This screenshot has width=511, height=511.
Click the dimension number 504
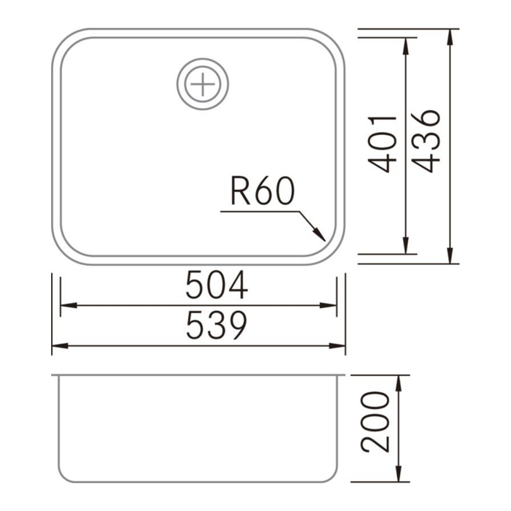coord(217,285)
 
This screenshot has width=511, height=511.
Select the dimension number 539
coord(217,326)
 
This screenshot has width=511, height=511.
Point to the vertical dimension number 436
coord(425,140)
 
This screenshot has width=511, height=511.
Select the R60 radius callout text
coord(262,192)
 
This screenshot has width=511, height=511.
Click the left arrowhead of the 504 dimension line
coord(66,305)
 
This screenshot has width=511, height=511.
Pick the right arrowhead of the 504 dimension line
coord(331,305)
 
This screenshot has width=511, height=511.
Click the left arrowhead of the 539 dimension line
coord(58,345)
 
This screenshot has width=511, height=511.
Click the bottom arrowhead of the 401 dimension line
coord(404,247)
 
